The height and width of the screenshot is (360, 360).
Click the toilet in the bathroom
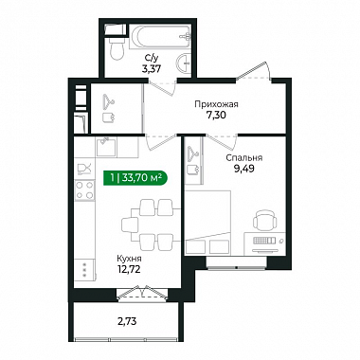pos(117,48)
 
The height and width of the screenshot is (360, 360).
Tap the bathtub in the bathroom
pos(161,36)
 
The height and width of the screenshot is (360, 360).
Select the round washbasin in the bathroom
pos(184,63)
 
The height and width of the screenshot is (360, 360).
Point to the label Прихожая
pos(216,104)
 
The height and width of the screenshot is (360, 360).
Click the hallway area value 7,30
pos(216,116)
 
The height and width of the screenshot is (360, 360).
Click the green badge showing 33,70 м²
pos(135,178)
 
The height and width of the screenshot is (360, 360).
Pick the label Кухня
pos(129,259)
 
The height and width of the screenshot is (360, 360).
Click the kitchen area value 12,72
pos(129,269)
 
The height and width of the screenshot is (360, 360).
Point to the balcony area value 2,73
pos(127,322)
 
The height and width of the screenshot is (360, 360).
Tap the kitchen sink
pos(106,147)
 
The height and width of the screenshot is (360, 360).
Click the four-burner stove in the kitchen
pos(84,190)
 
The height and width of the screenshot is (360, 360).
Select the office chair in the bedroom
pos(265,221)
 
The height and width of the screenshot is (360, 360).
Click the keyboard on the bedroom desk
pos(264,241)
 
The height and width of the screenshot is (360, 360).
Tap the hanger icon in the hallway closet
pos(108,100)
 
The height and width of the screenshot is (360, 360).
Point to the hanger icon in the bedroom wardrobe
pos(192,153)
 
